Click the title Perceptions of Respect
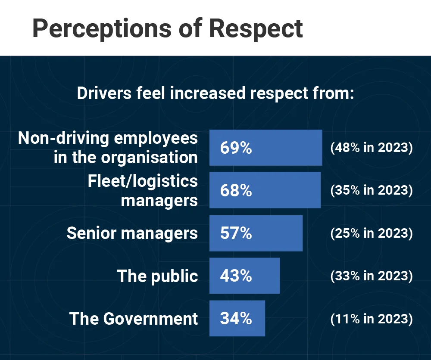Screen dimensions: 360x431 pyautogui.click(x=167, y=28)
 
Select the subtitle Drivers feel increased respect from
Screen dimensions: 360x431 pyautogui.click(x=215, y=93)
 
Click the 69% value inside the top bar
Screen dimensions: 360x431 pyautogui.click(x=236, y=148)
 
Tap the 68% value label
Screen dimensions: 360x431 pyautogui.click(x=236, y=190)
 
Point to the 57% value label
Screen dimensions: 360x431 pyautogui.click(x=236, y=233)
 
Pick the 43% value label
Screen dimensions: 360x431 pyautogui.click(x=236, y=276)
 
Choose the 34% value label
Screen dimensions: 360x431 pyautogui.click(x=236, y=318)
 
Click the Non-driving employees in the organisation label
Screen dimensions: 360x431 pyautogui.click(x=108, y=148)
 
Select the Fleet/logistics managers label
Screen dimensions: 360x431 pyautogui.click(x=143, y=190)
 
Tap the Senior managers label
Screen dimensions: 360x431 pyautogui.click(x=132, y=233)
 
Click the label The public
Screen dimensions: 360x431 pyautogui.click(x=157, y=276)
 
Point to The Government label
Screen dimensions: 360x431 pyautogui.click(x=134, y=319)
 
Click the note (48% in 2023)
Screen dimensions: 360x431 pyautogui.click(x=372, y=148)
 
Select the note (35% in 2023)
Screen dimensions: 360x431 pyautogui.click(x=372, y=190)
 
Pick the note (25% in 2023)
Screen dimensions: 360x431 pyautogui.click(x=372, y=233)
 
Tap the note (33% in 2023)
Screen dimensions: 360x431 pyautogui.click(x=372, y=276)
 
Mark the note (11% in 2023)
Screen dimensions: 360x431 pyautogui.click(x=372, y=319)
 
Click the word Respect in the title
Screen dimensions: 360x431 pyautogui.click(x=256, y=28)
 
